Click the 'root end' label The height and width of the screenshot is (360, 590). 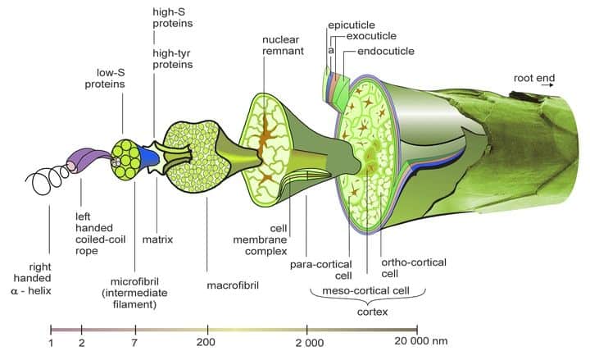533,79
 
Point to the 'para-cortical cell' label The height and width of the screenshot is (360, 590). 320,270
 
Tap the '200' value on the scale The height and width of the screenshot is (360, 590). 206,342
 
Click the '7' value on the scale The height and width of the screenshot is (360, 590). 135,342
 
